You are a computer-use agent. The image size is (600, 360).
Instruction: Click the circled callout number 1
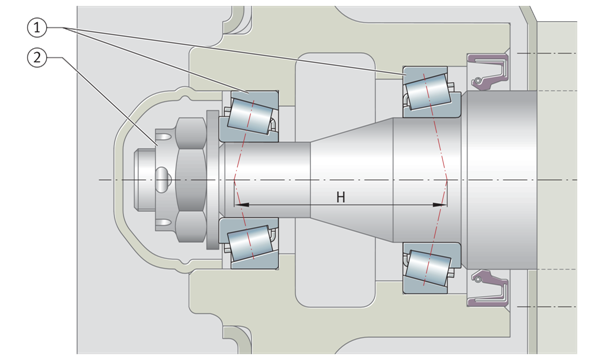tap(37, 28)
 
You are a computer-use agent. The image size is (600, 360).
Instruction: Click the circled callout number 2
tap(37, 58)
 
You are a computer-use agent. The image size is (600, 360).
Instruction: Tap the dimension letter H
tap(341, 197)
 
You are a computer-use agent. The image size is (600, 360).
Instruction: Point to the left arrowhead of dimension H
tap(242, 205)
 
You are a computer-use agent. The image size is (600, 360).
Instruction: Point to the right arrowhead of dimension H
tap(439, 205)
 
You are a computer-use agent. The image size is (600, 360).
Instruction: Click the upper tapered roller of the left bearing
tap(250, 116)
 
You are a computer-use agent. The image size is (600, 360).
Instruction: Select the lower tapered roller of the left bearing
tap(250, 244)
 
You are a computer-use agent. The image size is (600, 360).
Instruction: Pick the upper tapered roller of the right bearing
tap(428, 91)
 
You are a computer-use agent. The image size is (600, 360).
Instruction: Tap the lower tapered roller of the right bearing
tap(428, 268)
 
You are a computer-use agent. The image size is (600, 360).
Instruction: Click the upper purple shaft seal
tap(488, 72)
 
